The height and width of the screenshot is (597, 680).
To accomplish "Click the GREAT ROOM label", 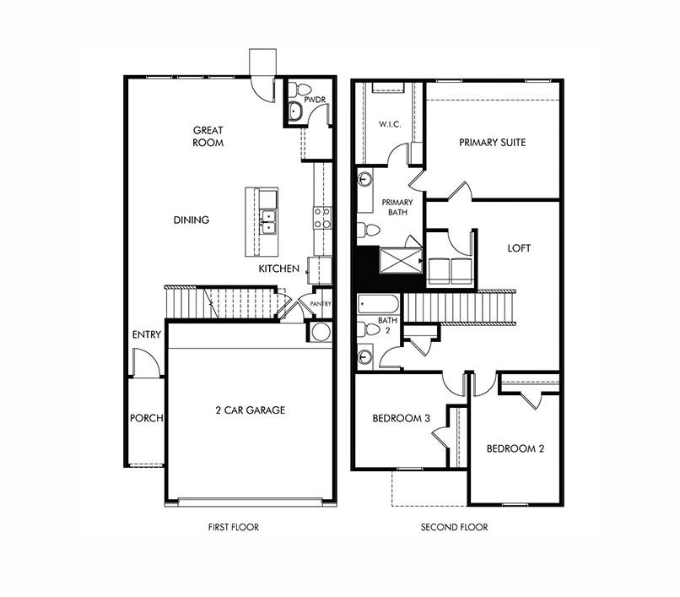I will click(x=208, y=136).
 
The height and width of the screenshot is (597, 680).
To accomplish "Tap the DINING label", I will click(x=192, y=220).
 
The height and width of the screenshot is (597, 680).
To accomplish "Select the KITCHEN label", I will click(x=279, y=269).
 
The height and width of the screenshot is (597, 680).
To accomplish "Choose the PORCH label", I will click(x=146, y=419).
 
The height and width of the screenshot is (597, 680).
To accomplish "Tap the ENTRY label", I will click(x=146, y=335).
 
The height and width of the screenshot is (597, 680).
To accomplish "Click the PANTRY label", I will click(x=321, y=304).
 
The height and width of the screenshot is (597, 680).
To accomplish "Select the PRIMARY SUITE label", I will click(x=492, y=143).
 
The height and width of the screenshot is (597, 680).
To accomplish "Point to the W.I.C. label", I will click(x=389, y=125).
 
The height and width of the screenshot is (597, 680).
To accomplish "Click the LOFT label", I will click(x=519, y=249).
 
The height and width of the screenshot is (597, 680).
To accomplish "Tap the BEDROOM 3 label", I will click(x=402, y=419).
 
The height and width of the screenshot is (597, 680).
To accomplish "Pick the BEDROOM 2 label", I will click(x=515, y=449).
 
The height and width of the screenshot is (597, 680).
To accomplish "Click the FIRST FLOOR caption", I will click(x=233, y=528).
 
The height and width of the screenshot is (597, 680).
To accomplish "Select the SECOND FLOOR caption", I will click(x=454, y=528).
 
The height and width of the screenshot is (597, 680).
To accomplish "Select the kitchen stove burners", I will click(x=321, y=218).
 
